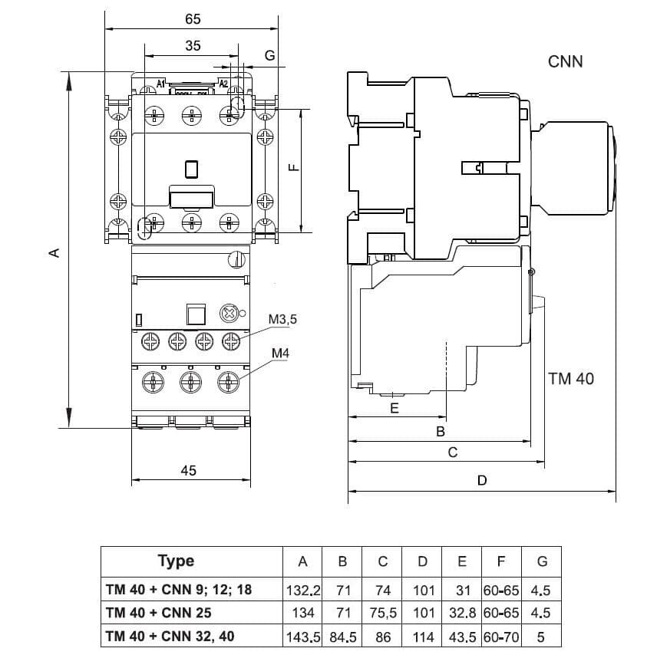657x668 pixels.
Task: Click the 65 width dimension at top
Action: (x=193, y=18)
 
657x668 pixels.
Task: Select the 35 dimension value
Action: (x=193, y=46)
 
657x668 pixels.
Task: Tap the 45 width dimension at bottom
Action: (x=189, y=470)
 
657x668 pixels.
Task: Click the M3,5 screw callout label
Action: (x=282, y=319)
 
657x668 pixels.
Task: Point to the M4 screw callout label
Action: (x=280, y=354)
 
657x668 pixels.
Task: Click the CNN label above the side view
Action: (x=565, y=61)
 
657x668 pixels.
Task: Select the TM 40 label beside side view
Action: (x=571, y=378)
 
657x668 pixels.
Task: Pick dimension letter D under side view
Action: (x=481, y=481)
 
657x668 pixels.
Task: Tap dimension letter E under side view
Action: (x=395, y=408)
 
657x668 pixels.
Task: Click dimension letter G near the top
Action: (x=269, y=55)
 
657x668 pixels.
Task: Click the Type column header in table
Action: (x=176, y=561)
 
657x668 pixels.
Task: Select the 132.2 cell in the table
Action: (x=302, y=590)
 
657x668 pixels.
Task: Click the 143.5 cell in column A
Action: (x=302, y=637)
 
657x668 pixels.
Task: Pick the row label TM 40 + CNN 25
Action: (x=159, y=613)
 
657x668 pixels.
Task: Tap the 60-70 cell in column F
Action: (x=501, y=637)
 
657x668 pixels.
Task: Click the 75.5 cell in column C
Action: (x=382, y=613)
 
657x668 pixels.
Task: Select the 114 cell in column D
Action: (x=422, y=637)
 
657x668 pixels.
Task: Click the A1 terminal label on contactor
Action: (x=161, y=83)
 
